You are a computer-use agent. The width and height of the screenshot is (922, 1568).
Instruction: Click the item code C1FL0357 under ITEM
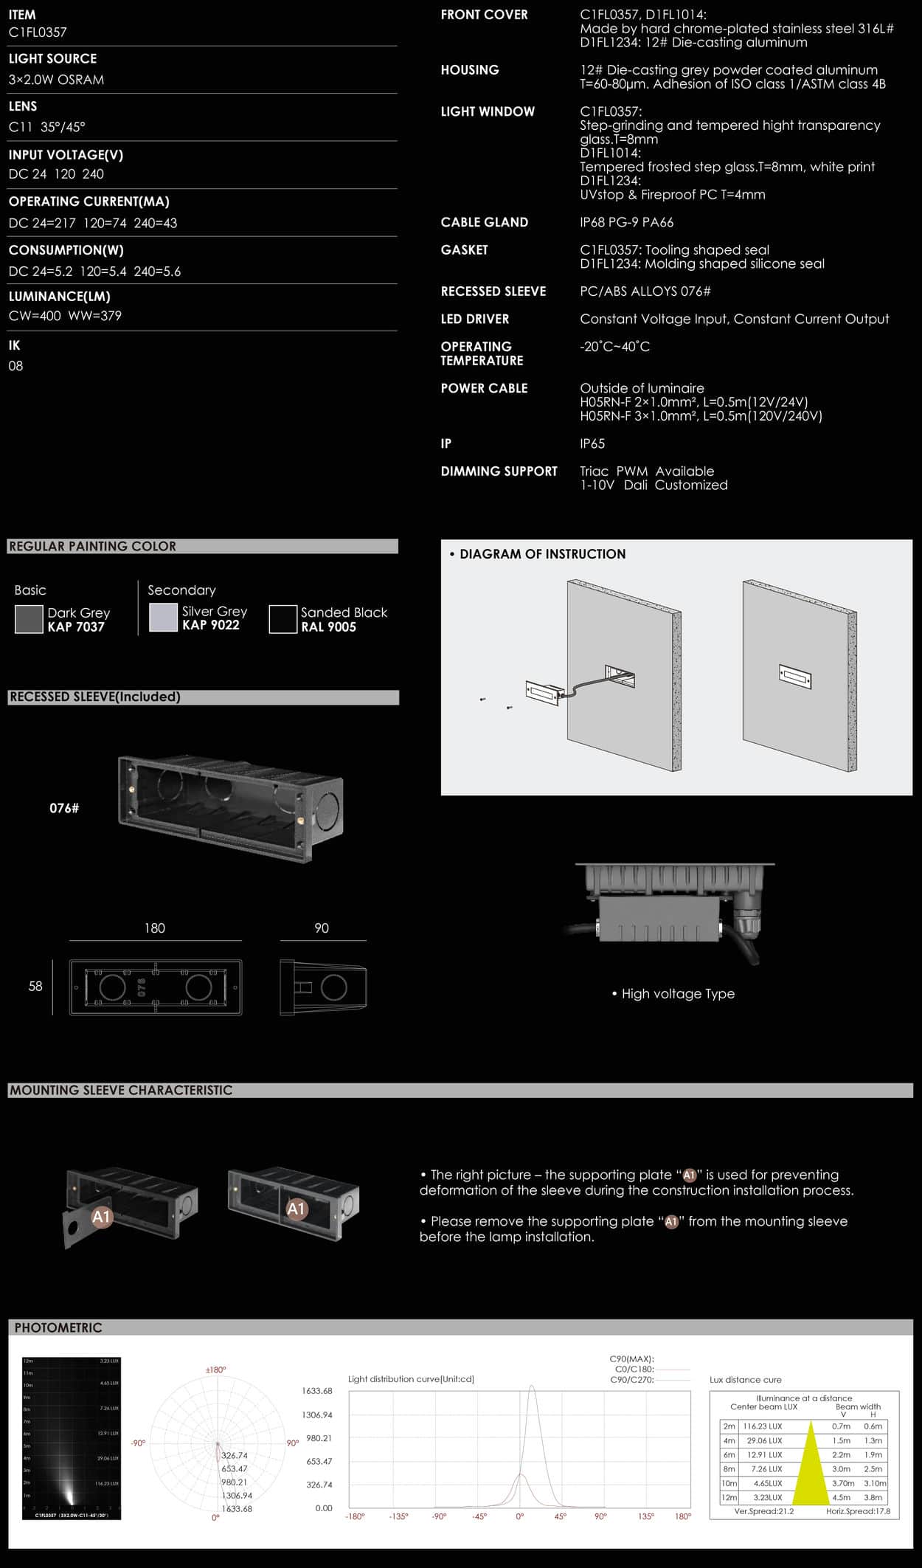[x=38, y=32]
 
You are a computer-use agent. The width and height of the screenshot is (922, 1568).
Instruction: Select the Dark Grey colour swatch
[x=29, y=619]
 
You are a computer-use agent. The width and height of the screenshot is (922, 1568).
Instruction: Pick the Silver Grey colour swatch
[x=163, y=618]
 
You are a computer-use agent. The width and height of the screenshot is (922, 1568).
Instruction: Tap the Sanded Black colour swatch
[x=283, y=619]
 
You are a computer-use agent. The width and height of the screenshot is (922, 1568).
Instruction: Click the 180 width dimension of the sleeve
[x=155, y=928]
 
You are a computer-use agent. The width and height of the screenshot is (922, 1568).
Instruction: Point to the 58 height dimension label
[x=35, y=987]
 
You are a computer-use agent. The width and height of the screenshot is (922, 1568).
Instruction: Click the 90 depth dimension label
[x=322, y=928]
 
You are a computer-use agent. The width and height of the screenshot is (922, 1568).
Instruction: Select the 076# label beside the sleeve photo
[x=64, y=808]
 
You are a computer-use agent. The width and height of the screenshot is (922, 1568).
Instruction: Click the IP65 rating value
[x=592, y=443]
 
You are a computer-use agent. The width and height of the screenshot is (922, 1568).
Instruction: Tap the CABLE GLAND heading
[x=484, y=222]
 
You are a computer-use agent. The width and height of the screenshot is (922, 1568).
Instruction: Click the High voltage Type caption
[x=677, y=994]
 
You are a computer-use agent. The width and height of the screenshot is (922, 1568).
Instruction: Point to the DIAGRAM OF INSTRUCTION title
[x=542, y=554]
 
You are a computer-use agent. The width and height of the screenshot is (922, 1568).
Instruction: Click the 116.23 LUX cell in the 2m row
[x=763, y=1426]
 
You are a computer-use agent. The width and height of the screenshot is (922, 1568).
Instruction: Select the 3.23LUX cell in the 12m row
[x=767, y=1497]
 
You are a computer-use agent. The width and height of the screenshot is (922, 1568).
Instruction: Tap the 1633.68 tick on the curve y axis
[x=317, y=1391]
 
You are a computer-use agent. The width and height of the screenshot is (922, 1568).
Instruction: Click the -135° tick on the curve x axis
[x=398, y=1516]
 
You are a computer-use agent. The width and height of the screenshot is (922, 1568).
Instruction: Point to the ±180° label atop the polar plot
[x=215, y=1370]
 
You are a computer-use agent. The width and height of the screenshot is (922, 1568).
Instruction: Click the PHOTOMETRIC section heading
[x=58, y=1327]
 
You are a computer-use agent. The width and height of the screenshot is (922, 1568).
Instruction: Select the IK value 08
[x=15, y=366]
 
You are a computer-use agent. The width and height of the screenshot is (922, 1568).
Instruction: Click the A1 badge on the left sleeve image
[x=101, y=1217]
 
